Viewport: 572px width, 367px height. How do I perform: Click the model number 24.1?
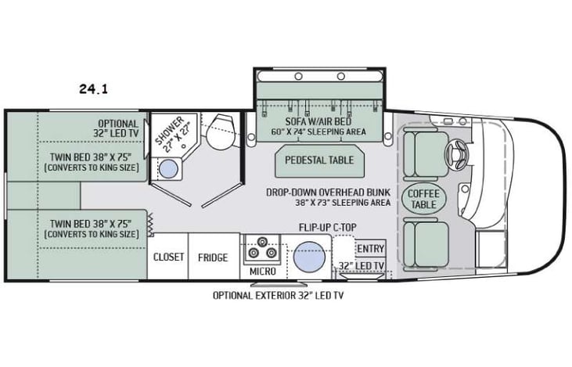point(92,89)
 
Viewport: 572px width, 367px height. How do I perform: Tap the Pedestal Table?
point(313,160)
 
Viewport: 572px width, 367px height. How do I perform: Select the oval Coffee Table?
point(423,199)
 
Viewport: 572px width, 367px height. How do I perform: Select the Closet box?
point(168,257)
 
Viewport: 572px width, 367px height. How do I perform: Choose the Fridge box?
point(213,257)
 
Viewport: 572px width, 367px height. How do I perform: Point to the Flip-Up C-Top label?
point(328,228)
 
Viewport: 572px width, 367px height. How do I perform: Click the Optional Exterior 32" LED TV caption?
point(280,296)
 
